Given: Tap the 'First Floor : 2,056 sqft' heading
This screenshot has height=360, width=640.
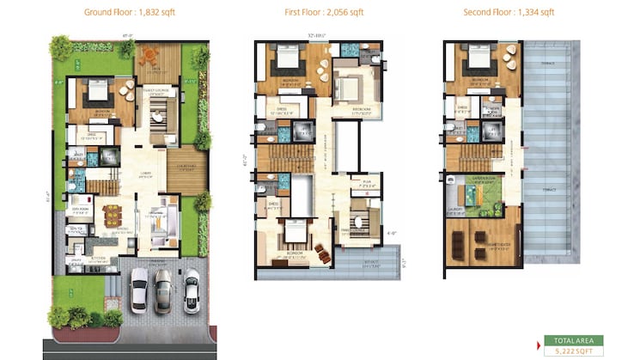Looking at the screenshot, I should point(323,12).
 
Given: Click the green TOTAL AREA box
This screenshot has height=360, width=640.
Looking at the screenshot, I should point(574,340).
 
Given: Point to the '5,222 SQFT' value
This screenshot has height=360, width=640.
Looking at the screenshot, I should point(574,351).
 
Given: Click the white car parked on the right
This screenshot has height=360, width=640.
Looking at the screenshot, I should point(191,290).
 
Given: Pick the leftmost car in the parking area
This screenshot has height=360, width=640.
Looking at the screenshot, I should point(138,290).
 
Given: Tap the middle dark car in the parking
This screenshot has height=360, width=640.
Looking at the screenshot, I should point(163,290).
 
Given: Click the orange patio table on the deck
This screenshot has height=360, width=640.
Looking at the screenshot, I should point(150,56).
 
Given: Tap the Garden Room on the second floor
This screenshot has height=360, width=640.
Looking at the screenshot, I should point(485,191).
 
